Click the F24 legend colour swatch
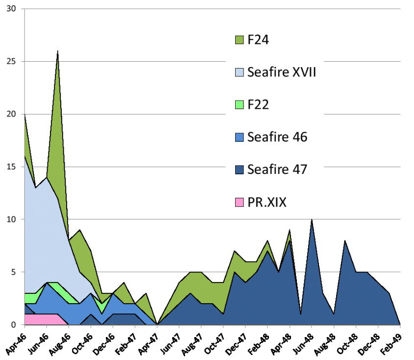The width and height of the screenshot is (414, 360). (240, 40)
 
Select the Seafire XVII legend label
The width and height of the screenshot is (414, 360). (282, 72)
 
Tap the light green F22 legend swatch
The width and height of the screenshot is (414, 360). (240, 104)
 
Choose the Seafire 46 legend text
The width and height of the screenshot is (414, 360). (277, 137)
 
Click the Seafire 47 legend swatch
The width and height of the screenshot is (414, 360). (240, 169)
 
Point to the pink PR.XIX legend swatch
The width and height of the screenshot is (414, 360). (240, 201)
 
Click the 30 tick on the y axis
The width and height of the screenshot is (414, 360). (11, 9)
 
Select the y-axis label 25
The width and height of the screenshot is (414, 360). (11, 62)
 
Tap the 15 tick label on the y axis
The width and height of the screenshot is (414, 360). (11, 167)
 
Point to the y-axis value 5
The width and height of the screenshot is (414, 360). (13, 272)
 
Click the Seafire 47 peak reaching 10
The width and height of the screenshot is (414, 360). (311, 220)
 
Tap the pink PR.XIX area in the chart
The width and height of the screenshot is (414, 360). (42, 319)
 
